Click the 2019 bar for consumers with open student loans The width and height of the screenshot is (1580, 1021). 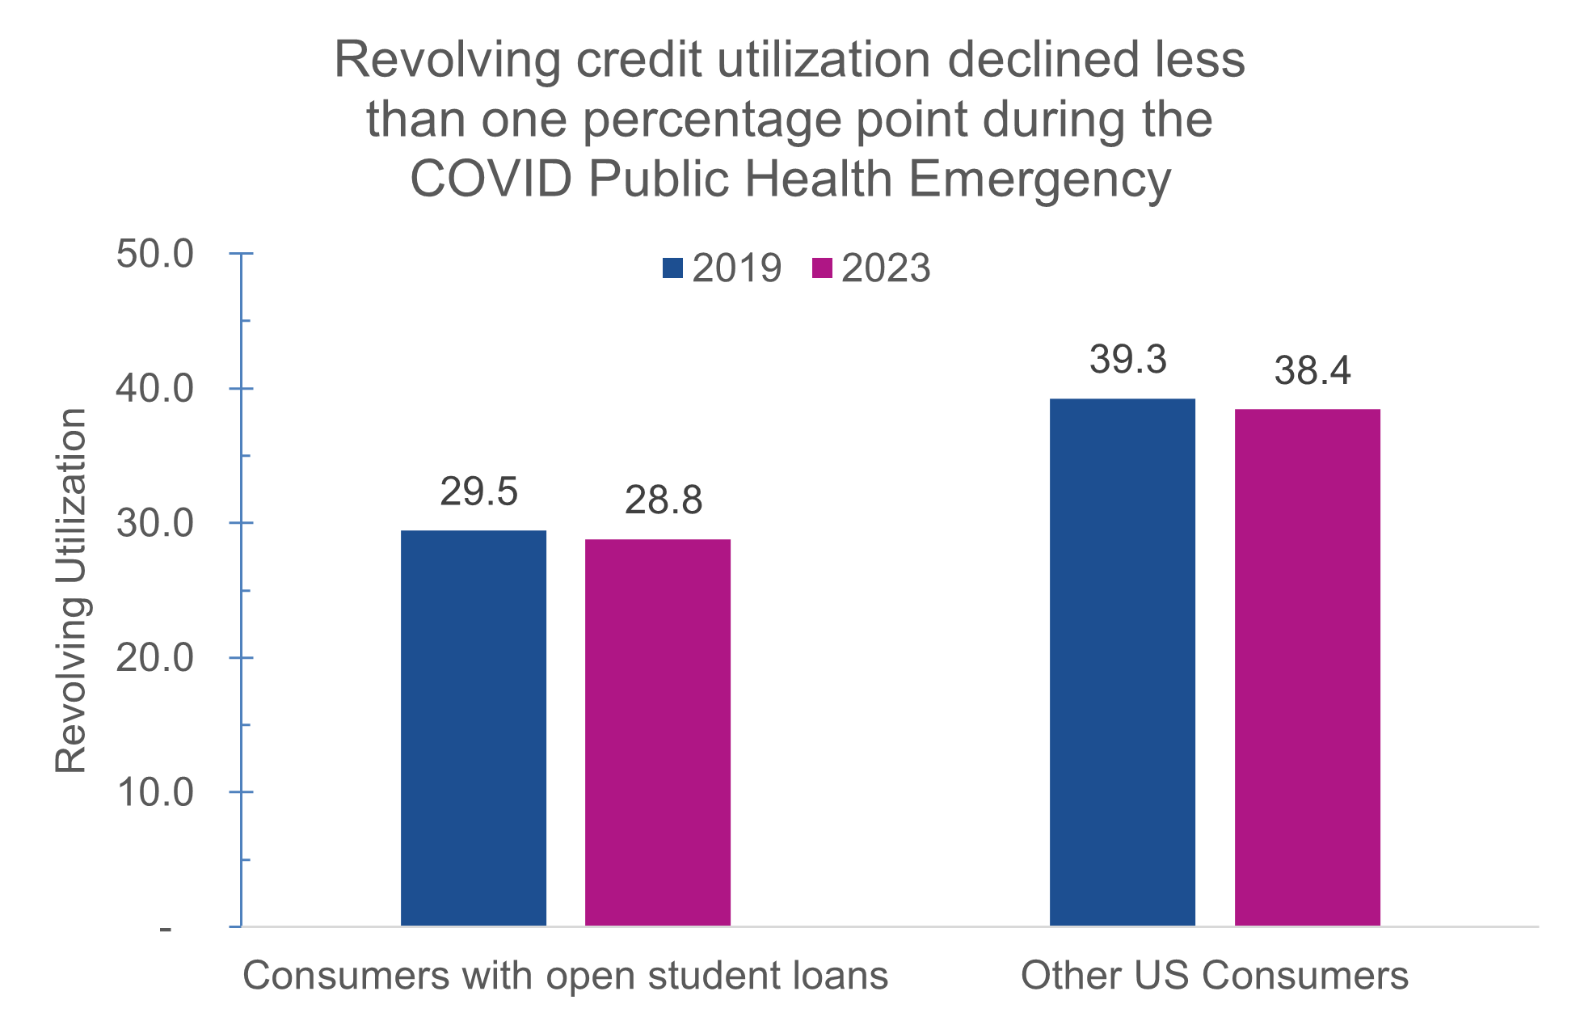[x=474, y=728]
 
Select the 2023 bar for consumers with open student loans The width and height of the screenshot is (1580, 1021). [x=658, y=732]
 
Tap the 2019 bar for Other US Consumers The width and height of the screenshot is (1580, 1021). [x=1122, y=662]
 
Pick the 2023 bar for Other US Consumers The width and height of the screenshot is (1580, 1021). [x=1307, y=667]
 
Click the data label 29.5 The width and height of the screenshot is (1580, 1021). [x=478, y=492]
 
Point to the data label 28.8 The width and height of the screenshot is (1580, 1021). [x=664, y=501]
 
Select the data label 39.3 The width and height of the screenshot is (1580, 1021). [x=1127, y=361]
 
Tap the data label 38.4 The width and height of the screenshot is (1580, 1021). [x=1312, y=371]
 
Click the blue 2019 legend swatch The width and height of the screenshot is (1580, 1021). [x=672, y=268]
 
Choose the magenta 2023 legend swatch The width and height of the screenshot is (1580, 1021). [x=822, y=268]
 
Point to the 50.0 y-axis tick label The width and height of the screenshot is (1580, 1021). [x=155, y=255]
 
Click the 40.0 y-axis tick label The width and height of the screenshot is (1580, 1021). [x=155, y=389]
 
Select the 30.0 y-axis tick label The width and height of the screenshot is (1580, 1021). [x=155, y=524]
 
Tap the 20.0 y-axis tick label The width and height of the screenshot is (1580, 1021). [x=155, y=658]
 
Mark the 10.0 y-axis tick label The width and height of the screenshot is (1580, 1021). [x=155, y=792]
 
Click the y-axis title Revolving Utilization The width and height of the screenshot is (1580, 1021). [x=71, y=590]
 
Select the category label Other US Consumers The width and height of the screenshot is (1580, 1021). [x=1214, y=976]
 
